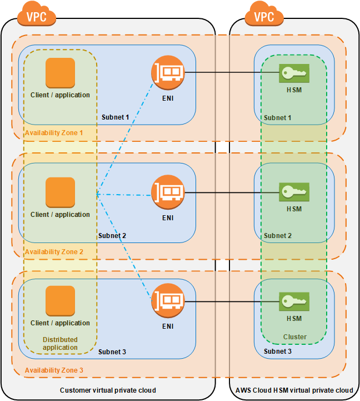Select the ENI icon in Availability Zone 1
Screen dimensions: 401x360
tap(168, 73)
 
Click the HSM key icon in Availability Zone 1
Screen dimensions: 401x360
tap(294, 73)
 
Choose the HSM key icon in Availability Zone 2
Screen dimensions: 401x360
tap(294, 192)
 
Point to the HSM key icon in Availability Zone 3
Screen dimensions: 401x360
tap(294, 301)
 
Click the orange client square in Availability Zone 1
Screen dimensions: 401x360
tap(60, 73)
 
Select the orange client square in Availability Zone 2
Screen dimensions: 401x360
tap(60, 192)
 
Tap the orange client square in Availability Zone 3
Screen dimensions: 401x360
tap(60, 301)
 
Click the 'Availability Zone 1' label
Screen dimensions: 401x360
tap(54, 133)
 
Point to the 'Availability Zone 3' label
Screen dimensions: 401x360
tap(54, 370)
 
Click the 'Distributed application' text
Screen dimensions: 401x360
tap(60, 343)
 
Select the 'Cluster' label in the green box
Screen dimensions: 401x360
tap(294, 337)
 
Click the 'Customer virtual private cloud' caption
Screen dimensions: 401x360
tap(108, 390)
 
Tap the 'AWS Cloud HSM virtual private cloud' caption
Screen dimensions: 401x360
tap(294, 390)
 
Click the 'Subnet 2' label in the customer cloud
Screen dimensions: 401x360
tap(112, 236)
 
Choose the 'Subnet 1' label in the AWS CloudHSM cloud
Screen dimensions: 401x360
tap(277, 118)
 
